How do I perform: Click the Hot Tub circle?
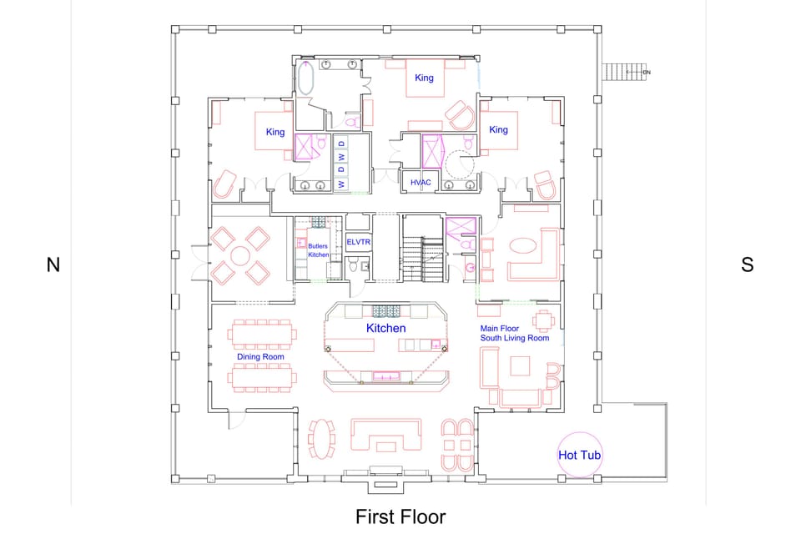click(580, 455)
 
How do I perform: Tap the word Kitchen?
click(385, 329)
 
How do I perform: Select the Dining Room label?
click(260, 357)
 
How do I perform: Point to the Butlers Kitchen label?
click(319, 250)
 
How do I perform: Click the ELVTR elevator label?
click(358, 242)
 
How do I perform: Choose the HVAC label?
click(420, 182)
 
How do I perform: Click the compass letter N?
click(53, 265)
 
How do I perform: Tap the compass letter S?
click(747, 265)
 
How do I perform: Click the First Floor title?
click(400, 516)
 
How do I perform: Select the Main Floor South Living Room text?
click(514, 333)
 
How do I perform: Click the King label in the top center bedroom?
click(424, 78)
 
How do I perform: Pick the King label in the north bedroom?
click(275, 132)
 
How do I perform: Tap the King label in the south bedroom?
click(498, 130)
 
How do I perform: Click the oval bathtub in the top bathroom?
click(306, 79)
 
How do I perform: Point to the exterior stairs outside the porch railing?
click(621, 73)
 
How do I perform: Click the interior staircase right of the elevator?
click(422, 250)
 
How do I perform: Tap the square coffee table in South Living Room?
click(521, 367)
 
